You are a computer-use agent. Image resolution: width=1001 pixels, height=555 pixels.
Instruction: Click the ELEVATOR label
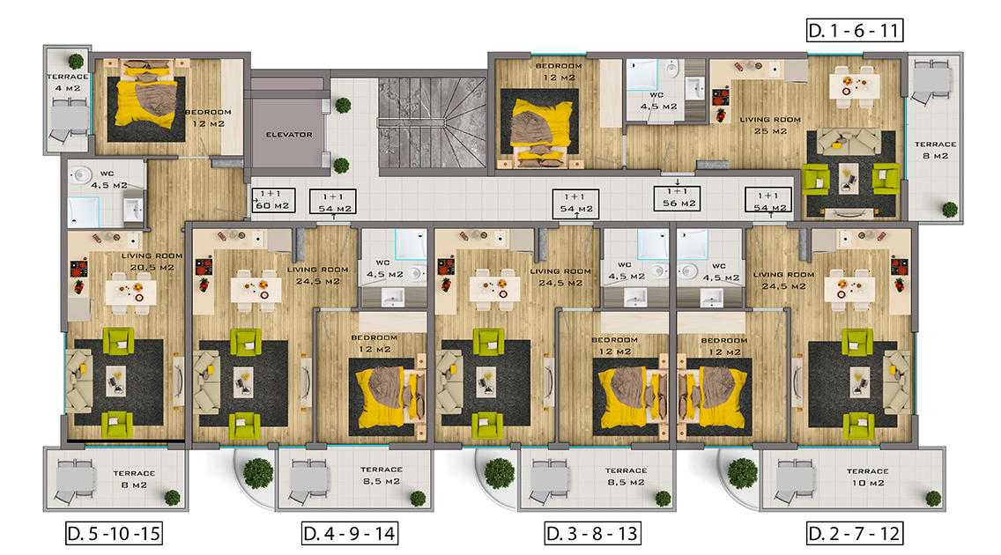coord(289,135)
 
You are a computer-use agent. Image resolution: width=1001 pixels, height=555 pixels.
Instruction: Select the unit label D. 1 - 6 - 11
coord(854,30)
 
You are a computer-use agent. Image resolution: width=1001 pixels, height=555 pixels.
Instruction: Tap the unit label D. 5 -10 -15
coord(115,533)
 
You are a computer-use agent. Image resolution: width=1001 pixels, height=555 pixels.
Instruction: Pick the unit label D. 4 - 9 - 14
coord(350,533)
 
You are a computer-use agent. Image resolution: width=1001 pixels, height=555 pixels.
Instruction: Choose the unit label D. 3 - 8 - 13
coord(592,533)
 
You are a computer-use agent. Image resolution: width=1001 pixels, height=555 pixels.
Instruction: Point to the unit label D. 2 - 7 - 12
coord(854,533)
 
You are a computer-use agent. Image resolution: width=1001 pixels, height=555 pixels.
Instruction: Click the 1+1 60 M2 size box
coord(273,200)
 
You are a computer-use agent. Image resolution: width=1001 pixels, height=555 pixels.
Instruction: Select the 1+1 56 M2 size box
coord(678,197)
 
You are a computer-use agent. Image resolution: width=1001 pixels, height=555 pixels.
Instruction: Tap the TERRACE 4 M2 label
coord(67,82)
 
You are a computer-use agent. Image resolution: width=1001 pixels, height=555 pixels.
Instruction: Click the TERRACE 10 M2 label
coord(868,477)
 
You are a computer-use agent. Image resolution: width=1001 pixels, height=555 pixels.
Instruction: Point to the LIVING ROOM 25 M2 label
coord(770,125)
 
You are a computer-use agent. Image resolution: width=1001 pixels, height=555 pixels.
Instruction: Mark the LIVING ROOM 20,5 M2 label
coord(152,262)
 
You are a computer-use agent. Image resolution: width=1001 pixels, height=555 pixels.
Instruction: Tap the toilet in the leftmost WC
coord(80,174)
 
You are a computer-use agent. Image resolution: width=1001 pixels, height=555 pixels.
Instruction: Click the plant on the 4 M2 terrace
coord(76,61)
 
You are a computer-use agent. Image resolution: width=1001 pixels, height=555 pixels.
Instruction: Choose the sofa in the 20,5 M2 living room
coord(79,381)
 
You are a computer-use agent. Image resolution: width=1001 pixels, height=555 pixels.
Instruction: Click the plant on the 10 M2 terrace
coord(933,498)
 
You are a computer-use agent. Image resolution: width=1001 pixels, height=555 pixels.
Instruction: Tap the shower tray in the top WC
coord(641,75)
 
